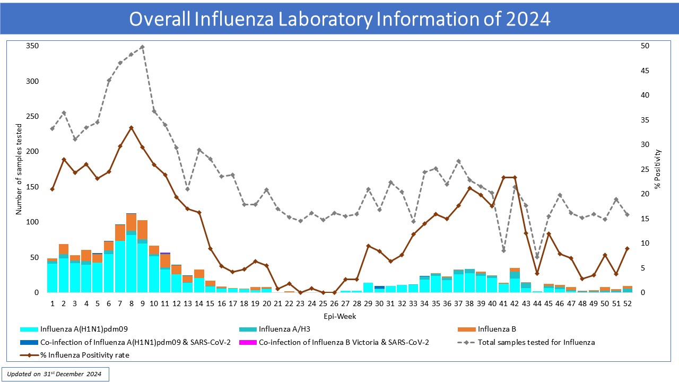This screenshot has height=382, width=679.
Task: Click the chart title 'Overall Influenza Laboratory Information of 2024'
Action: click(339, 19)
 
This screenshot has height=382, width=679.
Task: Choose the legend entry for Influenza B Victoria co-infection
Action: click(344, 342)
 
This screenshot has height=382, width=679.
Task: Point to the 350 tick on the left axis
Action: click(32, 46)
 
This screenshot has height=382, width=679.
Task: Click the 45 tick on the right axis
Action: click(645, 71)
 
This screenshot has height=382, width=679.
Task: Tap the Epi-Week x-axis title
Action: click(339, 316)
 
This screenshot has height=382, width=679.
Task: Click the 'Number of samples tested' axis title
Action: click(19, 169)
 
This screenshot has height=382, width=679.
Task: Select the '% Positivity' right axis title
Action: click(658, 169)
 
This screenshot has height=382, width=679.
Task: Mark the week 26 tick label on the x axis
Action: click(334, 303)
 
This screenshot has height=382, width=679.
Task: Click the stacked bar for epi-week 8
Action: click(131, 255)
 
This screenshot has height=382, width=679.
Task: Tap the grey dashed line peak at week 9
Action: click(142, 47)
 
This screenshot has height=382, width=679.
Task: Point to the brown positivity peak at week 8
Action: click(131, 128)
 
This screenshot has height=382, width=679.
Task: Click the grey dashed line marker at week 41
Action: click(503, 250)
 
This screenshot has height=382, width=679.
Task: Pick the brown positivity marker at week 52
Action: click(627, 248)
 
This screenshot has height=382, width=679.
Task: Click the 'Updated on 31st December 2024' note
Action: click(55, 374)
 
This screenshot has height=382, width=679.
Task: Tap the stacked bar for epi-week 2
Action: click(64, 270)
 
